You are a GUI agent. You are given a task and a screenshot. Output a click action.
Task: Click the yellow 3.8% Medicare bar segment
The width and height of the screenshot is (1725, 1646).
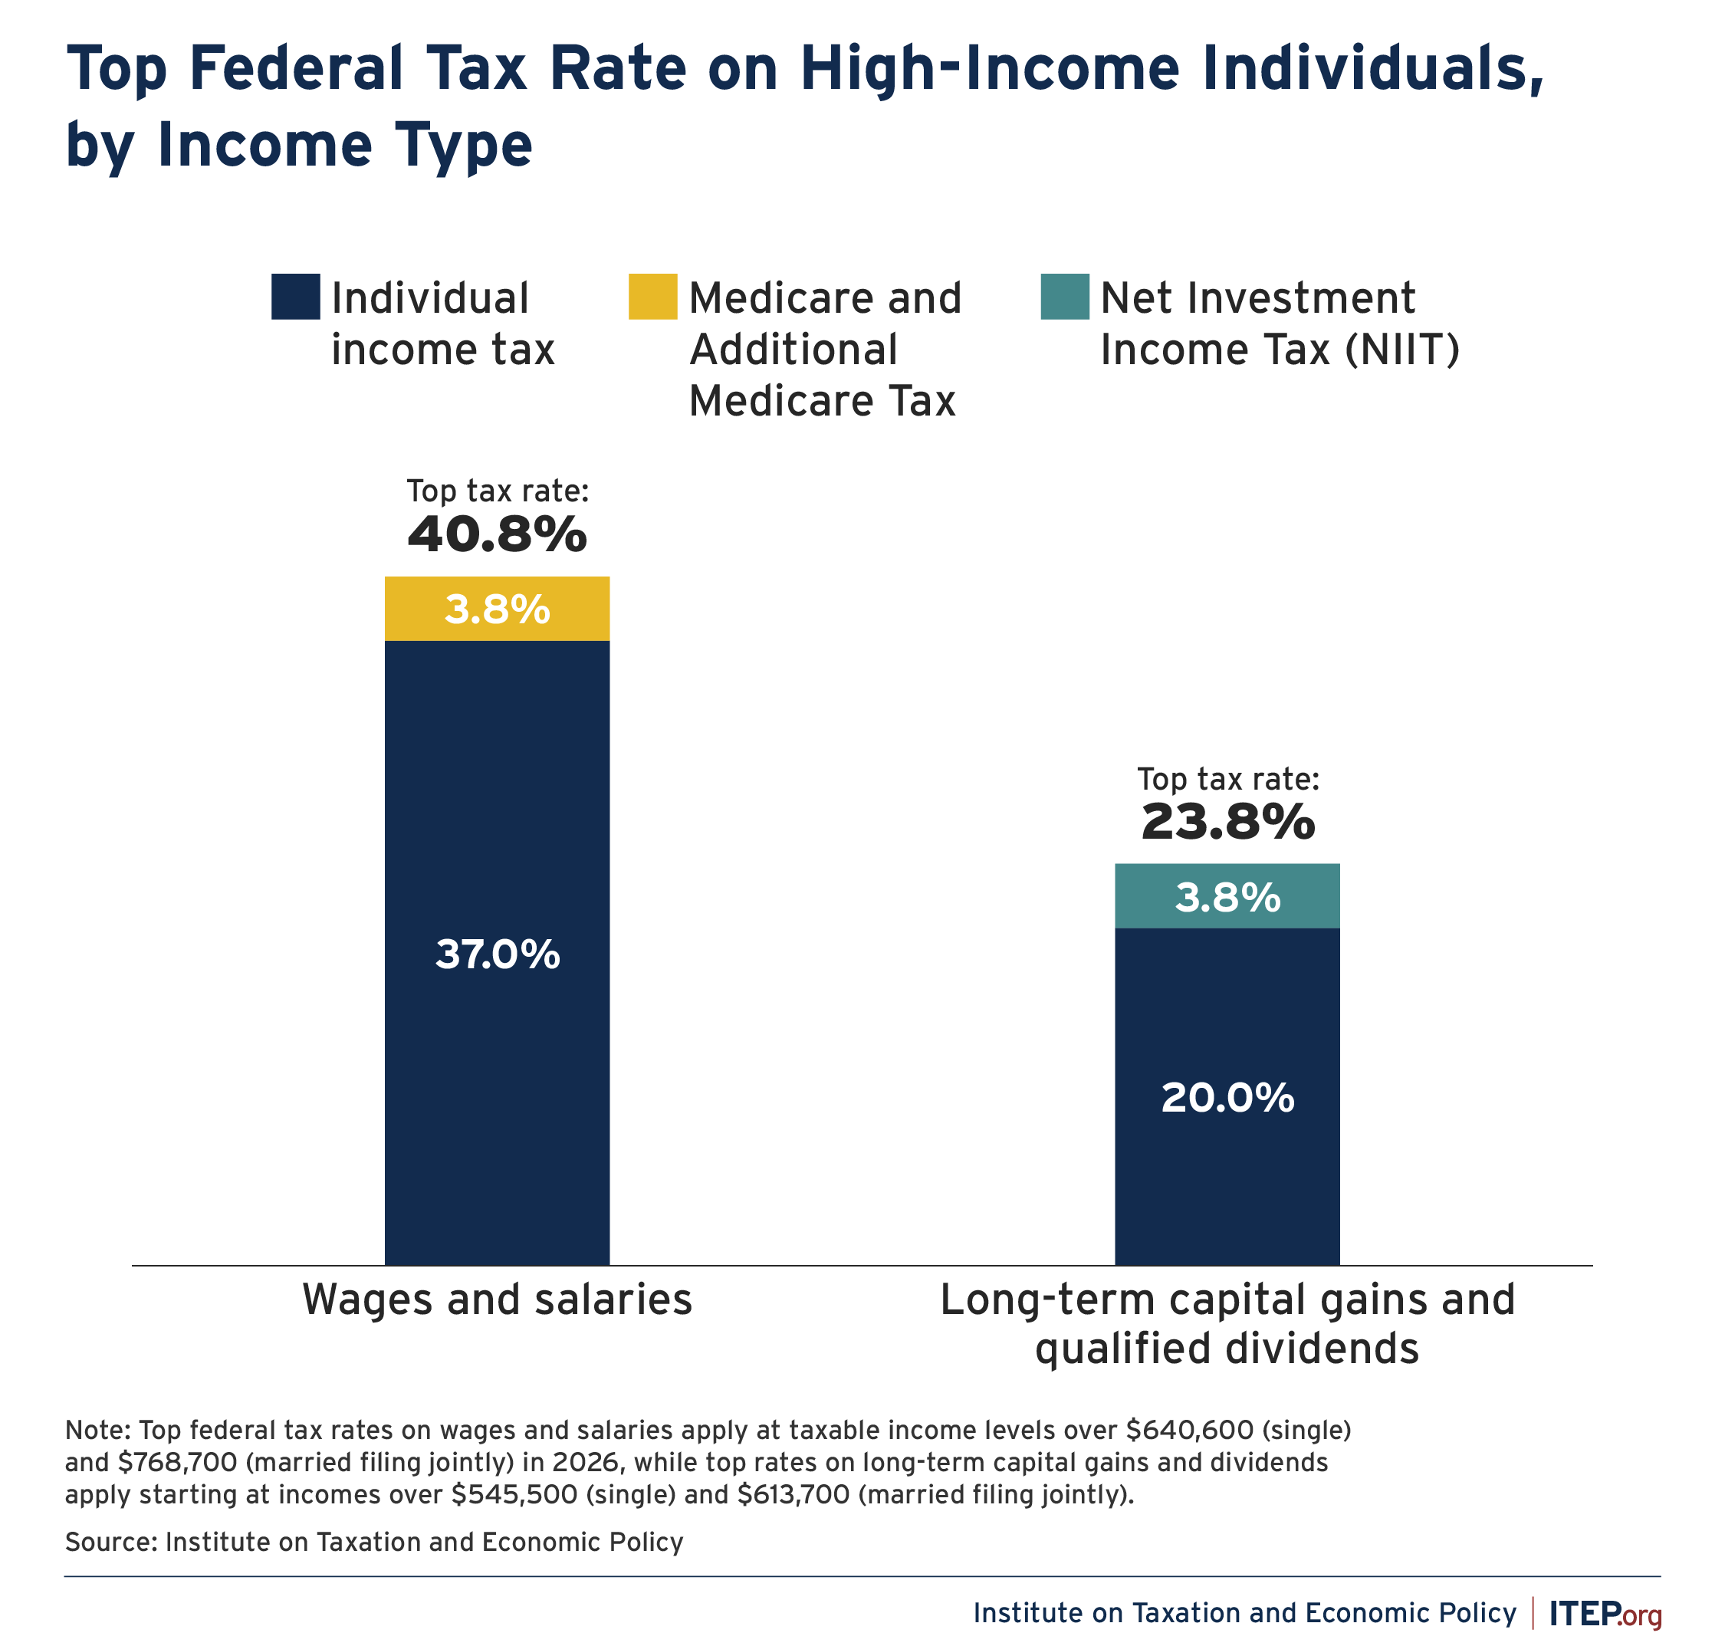(497, 608)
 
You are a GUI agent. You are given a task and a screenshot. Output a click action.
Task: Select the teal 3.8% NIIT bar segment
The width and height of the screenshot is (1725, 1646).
(1227, 895)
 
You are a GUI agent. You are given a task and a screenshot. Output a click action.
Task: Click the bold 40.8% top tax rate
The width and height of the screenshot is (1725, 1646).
(497, 534)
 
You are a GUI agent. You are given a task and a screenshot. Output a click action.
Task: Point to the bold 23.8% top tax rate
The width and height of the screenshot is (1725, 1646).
(1227, 822)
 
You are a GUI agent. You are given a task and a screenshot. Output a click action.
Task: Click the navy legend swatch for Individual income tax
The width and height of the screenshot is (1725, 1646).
(296, 297)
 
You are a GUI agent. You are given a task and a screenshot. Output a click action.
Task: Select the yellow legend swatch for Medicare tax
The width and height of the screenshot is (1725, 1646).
(652, 297)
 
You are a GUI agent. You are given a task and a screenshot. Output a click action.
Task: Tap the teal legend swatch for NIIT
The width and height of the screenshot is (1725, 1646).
(1064, 297)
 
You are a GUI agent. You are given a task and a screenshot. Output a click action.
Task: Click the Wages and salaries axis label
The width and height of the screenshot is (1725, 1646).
(497, 1299)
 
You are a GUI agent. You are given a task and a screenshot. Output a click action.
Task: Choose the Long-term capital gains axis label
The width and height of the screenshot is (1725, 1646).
(1227, 1323)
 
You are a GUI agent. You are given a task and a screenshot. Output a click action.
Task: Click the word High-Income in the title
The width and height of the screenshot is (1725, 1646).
(990, 68)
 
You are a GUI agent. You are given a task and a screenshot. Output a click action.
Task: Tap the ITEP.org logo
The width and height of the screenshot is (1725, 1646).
(1605, 1613)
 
